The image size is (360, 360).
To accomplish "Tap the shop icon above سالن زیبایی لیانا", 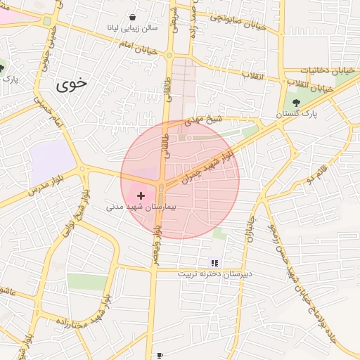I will tap(134, 17).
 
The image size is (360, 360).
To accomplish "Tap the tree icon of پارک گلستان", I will tap(296, 103).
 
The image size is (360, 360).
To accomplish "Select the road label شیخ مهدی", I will tap(203, 121).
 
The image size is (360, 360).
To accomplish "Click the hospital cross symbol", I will tap(141, 195).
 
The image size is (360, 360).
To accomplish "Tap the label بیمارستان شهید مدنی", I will tap(144, 207).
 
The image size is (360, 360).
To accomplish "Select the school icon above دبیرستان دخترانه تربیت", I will tap(214, 263).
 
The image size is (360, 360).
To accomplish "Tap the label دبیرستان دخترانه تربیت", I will tap(214, 274).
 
